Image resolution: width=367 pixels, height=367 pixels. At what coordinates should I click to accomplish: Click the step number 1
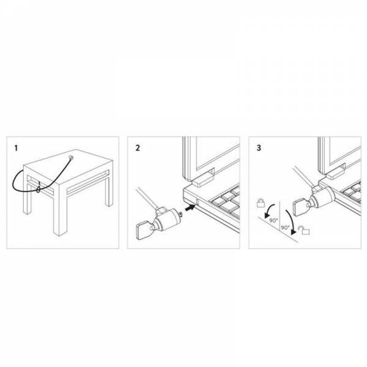[16, 148]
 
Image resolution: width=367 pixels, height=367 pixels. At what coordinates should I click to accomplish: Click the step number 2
[138, 148]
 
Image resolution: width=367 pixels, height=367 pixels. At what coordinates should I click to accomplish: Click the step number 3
[259, 148]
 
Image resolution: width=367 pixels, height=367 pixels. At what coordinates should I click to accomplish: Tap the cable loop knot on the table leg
[39, 189]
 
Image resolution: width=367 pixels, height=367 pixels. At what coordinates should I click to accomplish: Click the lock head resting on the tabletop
[70, 158]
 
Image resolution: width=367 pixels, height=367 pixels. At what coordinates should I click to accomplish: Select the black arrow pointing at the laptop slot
[190, 207]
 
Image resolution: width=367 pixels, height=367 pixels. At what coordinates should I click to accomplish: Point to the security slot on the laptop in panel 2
[198, 202]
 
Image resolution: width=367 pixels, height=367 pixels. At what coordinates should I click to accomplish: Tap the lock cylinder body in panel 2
[167, 220]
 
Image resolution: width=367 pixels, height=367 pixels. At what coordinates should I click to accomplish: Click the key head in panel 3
[300, 209]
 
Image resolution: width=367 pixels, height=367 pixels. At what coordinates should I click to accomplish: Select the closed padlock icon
[261, 202]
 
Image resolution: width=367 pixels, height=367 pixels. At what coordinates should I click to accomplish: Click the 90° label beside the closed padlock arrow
[273, 220]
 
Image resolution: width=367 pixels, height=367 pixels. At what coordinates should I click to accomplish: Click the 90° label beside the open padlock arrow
[285, 228]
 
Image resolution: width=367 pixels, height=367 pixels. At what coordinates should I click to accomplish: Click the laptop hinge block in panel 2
[202, 179]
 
